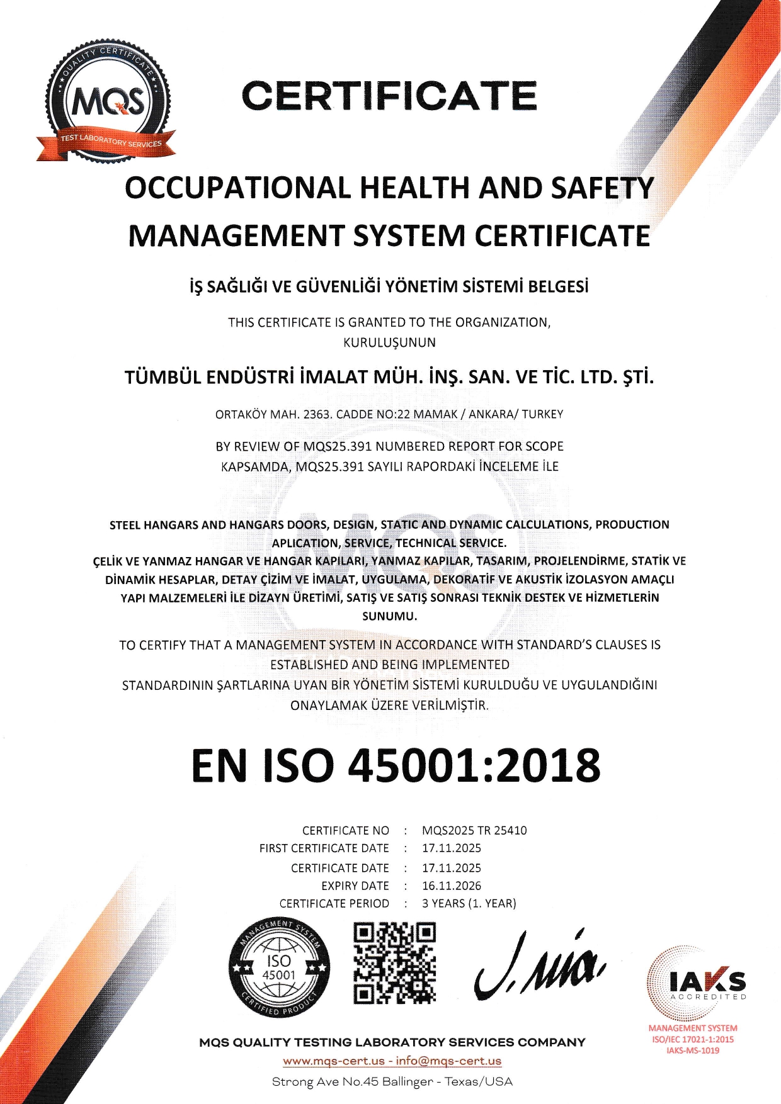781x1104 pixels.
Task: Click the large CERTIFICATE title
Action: click(x=389, y=96)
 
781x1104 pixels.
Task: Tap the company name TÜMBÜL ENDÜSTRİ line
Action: click(x=389, y=377)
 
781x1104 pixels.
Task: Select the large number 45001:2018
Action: click(x=474, y=766)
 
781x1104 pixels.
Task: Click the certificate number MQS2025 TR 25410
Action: click(x=474, y=830)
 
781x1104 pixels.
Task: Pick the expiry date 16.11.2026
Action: click(x=452, y=886)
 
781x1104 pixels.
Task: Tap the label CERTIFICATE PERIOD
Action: click(x=334, y=903)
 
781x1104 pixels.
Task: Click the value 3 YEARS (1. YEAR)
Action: click(x=469, y=903)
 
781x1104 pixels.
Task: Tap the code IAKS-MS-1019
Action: click(x=693, y=1050)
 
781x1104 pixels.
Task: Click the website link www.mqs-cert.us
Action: click(x=334, y=1061)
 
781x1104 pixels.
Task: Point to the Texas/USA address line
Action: click(x=392, y=1081)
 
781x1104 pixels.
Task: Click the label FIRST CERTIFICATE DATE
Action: click(x=324, y=848)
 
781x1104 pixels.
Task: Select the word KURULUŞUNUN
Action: click(x=389, y=343)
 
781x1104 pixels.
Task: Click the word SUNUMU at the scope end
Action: click(x=389, y=616)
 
